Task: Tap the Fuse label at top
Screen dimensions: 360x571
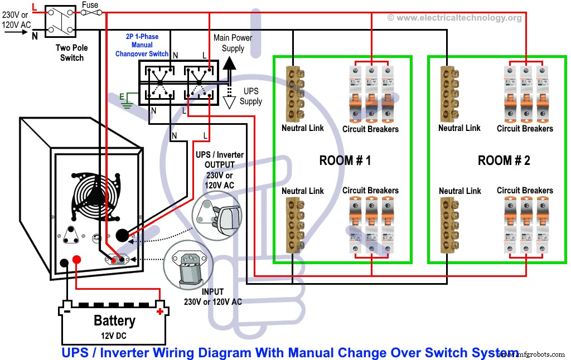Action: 90,5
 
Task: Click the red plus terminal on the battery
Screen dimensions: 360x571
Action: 160,311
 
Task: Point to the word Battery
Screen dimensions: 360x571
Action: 114,321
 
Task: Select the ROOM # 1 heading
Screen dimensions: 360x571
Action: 345,160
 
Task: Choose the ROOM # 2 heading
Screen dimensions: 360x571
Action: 504,160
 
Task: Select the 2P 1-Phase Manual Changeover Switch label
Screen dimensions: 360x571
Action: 142,45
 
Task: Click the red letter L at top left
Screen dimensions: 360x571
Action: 35,6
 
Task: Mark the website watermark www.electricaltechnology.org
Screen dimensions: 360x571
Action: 454,18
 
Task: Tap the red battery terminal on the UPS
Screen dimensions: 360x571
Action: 78,259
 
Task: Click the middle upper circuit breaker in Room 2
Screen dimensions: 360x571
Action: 525,93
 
